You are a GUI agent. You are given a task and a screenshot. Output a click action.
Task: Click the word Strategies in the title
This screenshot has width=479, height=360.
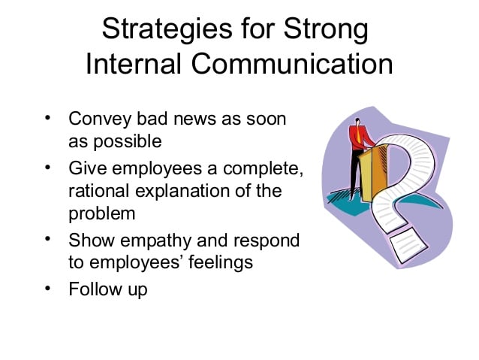click(167, 29)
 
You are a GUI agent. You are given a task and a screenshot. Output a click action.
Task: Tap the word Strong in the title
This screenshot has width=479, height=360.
click(326, 29)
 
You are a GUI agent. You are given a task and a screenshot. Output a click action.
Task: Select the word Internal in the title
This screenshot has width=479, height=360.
click(133, 64)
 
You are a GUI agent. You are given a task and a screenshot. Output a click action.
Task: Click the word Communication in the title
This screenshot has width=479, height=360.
click(292, 64)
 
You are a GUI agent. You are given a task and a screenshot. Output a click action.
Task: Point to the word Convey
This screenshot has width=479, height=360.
click(100, 119)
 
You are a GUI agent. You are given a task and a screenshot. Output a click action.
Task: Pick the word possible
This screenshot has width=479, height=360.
click(128, 141)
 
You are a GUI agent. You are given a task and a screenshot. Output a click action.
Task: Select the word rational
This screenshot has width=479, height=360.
click(98, 191)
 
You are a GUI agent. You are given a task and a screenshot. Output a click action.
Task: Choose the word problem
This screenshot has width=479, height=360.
click(101, 213)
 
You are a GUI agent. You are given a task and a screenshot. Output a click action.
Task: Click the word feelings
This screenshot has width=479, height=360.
click(221, 263)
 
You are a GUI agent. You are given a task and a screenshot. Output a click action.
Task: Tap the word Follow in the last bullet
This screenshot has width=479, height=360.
click(95, 289)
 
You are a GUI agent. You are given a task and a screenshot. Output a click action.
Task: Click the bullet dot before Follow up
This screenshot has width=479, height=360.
click(47, 288)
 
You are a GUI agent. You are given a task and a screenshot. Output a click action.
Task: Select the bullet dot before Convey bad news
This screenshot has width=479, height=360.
click(47, 118)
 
